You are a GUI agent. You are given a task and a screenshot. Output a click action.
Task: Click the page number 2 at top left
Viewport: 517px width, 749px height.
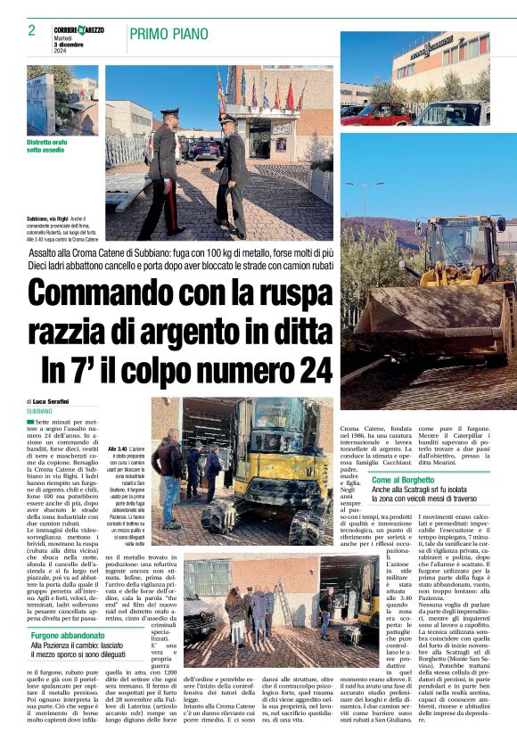coord(31,30)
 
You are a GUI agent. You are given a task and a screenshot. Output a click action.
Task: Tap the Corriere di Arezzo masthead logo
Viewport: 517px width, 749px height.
coord(78,29)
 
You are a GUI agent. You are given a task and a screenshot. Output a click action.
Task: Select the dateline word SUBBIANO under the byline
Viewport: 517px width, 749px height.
coord(39,411)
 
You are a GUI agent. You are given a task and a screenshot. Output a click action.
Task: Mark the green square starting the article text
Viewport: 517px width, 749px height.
coord(30,420)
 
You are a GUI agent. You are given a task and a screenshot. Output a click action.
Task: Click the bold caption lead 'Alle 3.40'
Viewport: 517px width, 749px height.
coord(116,449)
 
